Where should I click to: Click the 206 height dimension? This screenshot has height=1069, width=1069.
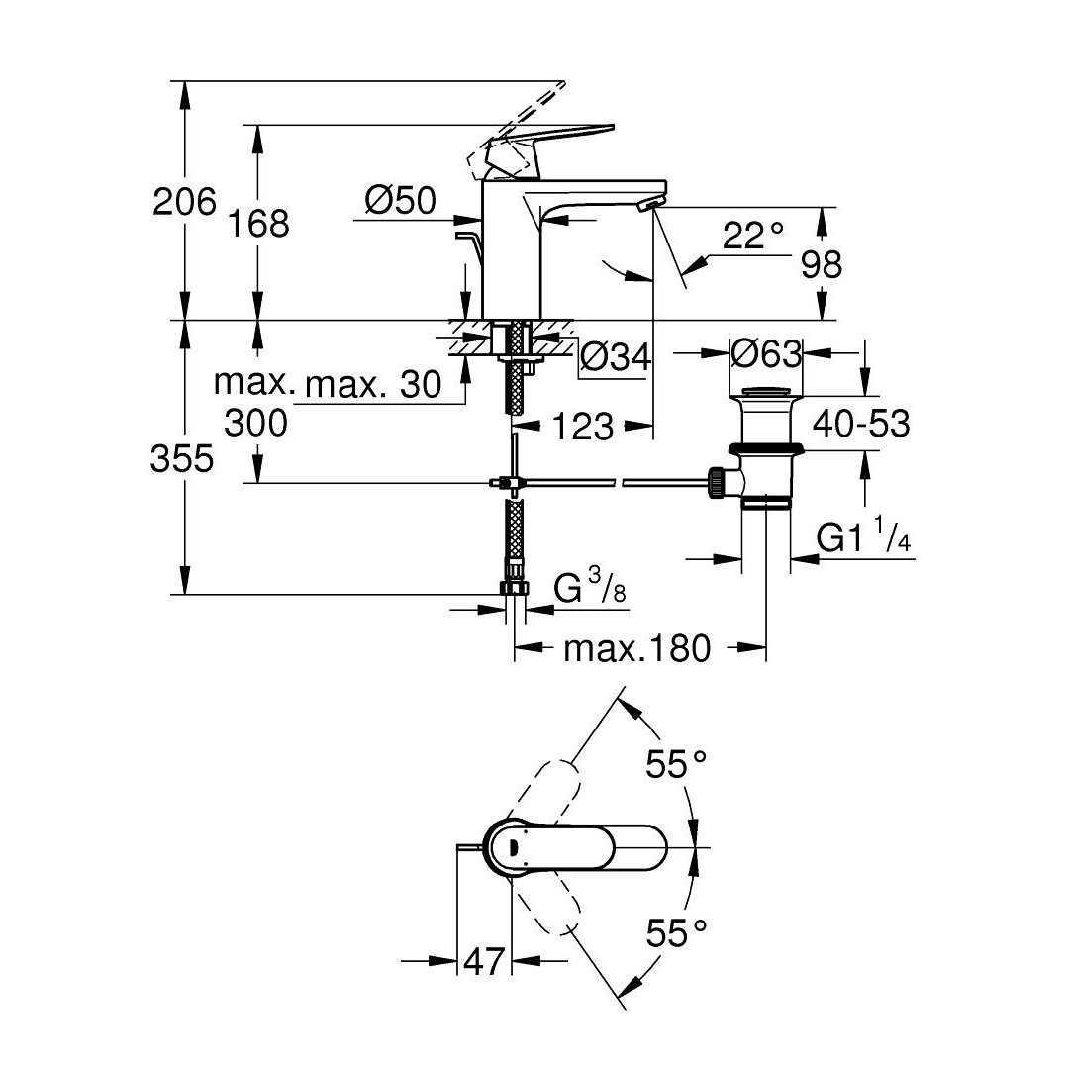click(x=184, y=201)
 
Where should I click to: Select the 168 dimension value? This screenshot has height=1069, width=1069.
click(x=258, y=223)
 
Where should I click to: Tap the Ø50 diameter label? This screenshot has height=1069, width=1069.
click(x=400, y=200)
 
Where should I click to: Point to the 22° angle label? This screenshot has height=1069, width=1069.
click(x=752, y=236)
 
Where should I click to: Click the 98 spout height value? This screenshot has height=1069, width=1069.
click(x=822, y=264)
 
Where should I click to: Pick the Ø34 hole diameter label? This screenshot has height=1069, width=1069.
click(x=616, y=356)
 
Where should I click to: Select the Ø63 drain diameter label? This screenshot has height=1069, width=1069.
click(x=766, y=353)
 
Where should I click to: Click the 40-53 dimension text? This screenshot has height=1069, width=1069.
click(x=861, y=424)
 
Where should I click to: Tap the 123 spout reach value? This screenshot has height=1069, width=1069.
click(x=583, y=427)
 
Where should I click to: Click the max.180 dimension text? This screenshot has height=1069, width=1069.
click(x=636, y=648)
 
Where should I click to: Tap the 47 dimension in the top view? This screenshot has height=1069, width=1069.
click(x=484, y=961)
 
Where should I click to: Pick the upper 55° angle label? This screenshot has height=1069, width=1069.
click(x=676, y=763)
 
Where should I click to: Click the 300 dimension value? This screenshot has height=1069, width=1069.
click(x=256, y=423)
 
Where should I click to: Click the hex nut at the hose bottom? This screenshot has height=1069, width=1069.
click(x=515, y=587)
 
